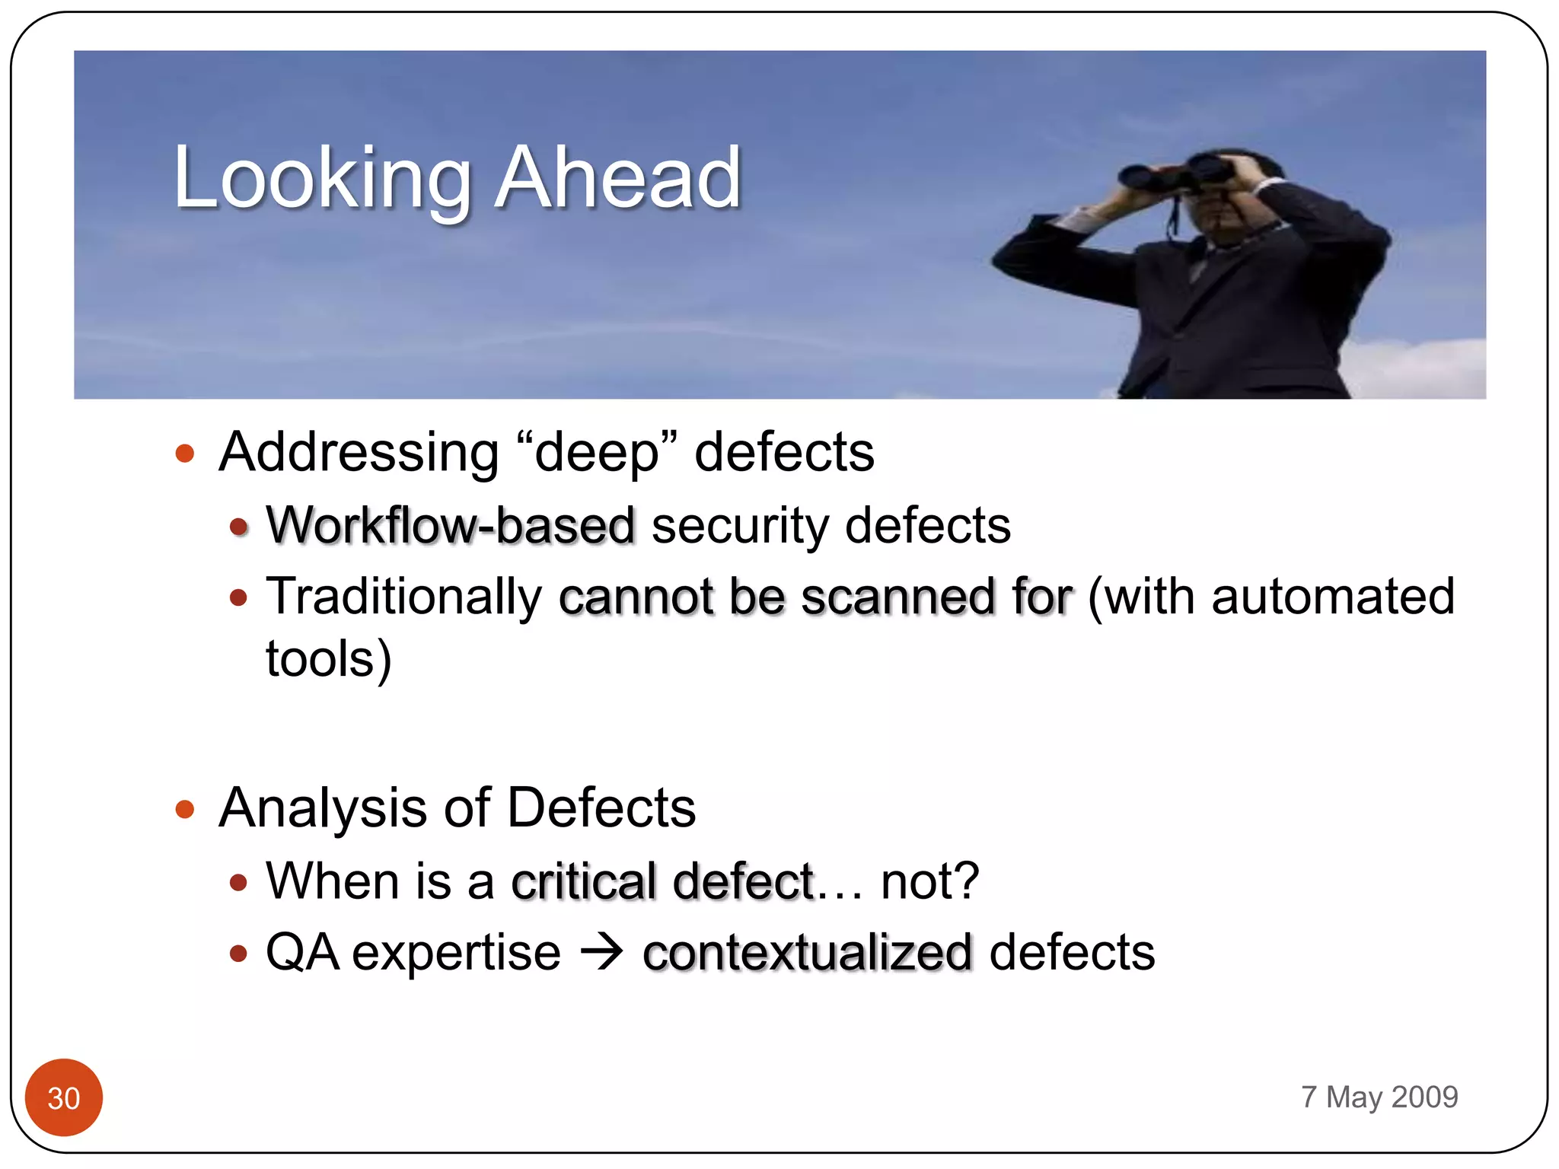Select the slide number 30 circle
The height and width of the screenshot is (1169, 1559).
[x=64, y=1097]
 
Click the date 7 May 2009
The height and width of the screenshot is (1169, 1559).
[x=1379, y=1097]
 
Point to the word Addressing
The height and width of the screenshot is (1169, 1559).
[x=359, y=452]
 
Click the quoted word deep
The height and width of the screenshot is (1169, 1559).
[x=596, y=452]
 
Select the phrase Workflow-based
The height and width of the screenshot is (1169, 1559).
[x=450, y=525]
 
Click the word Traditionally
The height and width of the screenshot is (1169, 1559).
[x=403, y=596]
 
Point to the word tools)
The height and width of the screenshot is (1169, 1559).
[x=328, y=658]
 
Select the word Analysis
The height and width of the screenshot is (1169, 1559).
[x=323, y=807]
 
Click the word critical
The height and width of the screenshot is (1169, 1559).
[x=583, y=881]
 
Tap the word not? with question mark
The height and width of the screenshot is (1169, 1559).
[x=929, y=881]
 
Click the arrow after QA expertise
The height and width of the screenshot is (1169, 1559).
[x=601, y=953]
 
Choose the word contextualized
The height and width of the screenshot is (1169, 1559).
[x=807, y=953]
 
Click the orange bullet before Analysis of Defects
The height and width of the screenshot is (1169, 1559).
[x=185, y=808]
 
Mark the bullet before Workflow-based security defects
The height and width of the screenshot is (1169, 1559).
[x=239, y=527]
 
